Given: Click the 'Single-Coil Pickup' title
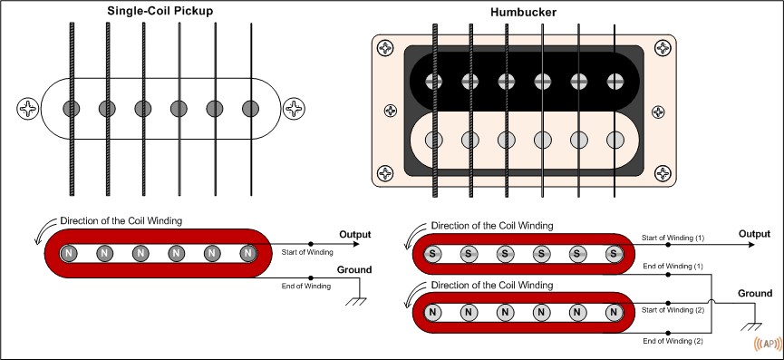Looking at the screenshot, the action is (160, 11).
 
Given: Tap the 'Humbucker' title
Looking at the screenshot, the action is (523, 13).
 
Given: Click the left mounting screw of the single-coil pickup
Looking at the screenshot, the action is (28, 108).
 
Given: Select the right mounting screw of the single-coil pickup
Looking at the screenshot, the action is (294, 108).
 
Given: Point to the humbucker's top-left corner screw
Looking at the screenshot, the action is (385, 48).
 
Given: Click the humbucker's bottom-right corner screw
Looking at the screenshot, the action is (663, 173).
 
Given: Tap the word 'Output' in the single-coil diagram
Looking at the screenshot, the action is (355, 235).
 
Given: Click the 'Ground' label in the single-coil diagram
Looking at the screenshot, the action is (354, 270).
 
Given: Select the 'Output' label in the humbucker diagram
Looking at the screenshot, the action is (754, 234).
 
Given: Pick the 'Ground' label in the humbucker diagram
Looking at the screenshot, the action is (755, 294).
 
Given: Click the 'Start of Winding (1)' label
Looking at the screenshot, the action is (673, 238).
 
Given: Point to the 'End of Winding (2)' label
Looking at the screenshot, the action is (673, 342).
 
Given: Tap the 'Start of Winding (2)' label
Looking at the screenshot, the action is (673, 310).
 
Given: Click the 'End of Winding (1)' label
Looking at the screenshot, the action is (673, 267).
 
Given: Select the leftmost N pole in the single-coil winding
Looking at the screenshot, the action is (69, 254).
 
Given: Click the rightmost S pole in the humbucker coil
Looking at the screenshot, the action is (614, 254).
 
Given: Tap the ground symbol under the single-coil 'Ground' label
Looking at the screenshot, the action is (356, 301).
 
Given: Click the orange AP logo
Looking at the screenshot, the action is (768, 344).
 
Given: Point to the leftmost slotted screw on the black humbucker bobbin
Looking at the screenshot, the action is (433, 82).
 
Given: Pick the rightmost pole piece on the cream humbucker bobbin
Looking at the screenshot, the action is (615, 140).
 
